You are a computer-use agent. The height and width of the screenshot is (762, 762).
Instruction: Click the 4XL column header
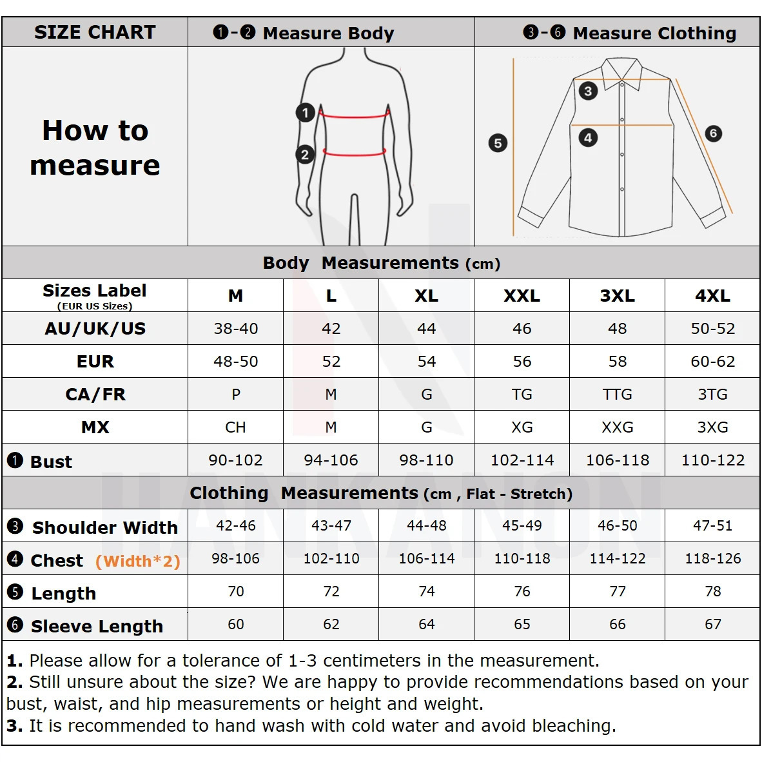(x=712, y=296)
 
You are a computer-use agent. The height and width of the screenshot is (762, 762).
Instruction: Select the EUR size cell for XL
(x=426, y=362)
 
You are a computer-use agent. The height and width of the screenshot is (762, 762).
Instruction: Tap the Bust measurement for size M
(x=235, y=460)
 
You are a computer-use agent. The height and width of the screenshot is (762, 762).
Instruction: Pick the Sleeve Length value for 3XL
(x=617, y=624)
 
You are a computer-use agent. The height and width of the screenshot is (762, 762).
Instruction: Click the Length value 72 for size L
(x=331, y=591)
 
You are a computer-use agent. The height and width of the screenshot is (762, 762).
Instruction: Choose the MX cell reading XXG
(x=617, y=427)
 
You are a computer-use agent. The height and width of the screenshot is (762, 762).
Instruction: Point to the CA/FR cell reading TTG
(x=617, y=395)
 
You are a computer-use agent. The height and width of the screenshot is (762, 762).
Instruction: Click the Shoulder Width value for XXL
(x=522, y=526)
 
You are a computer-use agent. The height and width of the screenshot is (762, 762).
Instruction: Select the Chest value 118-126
(x=712, y=559)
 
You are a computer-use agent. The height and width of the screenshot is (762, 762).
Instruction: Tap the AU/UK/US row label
(x=95, y=329)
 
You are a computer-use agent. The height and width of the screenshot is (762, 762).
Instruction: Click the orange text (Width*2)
(x=137, y=562)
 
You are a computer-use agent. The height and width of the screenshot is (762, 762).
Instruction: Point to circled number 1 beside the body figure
(x=305, y=113)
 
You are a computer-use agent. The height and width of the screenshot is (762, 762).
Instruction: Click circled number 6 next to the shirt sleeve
(x=712, y=133)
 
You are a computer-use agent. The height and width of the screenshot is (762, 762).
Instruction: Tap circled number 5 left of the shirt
(x=498, y=142)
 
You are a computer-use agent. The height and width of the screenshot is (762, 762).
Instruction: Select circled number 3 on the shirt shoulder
(x=587, y=91)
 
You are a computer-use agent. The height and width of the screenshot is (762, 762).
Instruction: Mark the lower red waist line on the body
(x=354, y=153)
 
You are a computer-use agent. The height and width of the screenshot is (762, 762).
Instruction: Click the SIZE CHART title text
(x=95, y=32)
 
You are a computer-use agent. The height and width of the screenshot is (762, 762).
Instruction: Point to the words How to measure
(x=95, y=148)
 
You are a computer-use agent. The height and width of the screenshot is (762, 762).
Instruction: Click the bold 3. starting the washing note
(x=15, y=726)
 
